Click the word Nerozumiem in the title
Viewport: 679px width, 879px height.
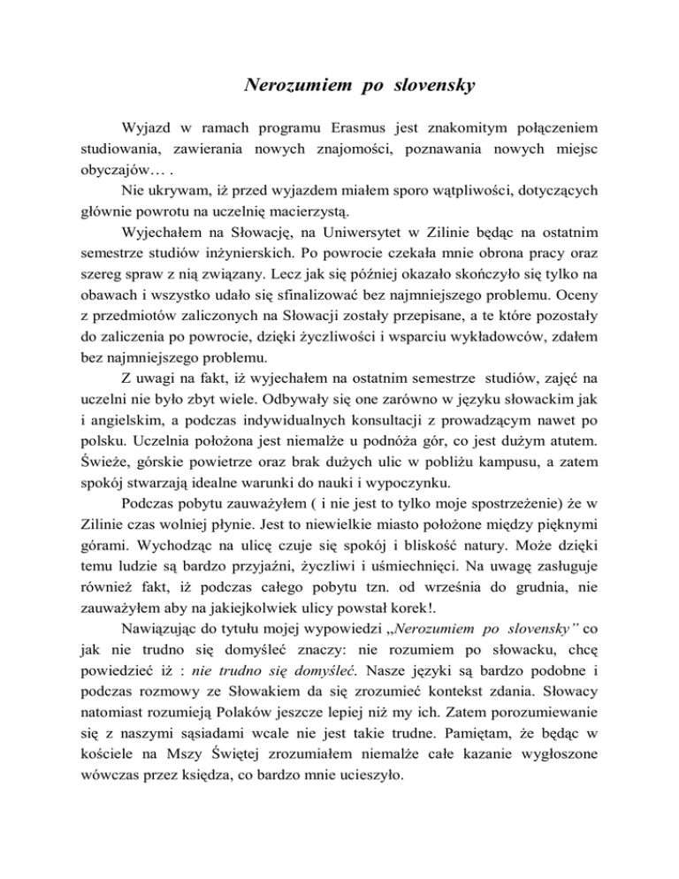tap(286, 86)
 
